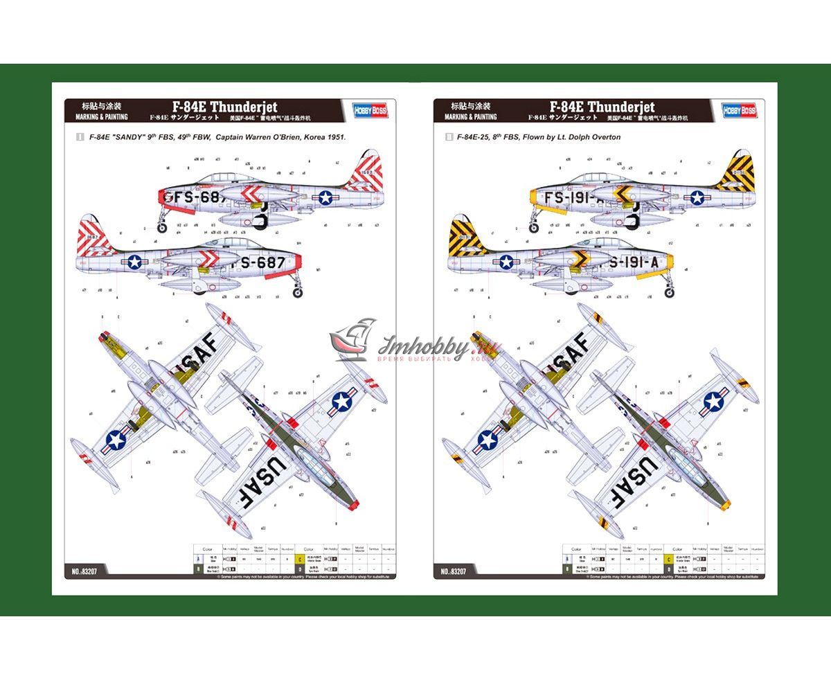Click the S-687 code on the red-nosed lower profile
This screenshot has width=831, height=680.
click(x=261, y=263)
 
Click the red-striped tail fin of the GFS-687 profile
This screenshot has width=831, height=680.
click(x=365, y=172)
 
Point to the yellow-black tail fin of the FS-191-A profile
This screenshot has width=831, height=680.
click(x=735, y=172)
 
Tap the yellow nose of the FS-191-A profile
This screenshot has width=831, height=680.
click(x=535, y=197)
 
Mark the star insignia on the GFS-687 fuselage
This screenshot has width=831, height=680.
click(x=325, y=197)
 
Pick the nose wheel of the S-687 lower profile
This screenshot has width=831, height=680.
click(x=298, y=292)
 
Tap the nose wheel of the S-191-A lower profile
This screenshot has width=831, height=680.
click(x=669, y=292)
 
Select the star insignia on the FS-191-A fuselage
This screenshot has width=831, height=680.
click(x=696, y=197)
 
